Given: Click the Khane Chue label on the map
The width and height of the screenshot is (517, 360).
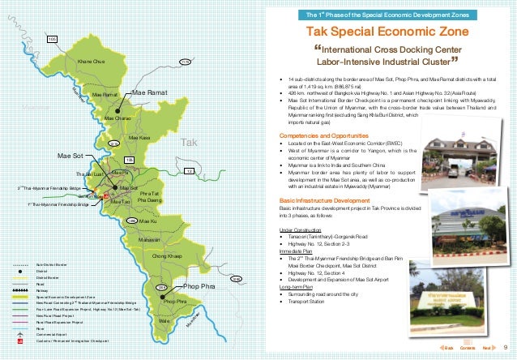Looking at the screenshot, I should [91, 62].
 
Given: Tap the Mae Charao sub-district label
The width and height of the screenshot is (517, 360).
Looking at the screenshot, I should [119, 118].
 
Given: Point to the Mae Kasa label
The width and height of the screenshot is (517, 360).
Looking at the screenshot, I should [139, 138].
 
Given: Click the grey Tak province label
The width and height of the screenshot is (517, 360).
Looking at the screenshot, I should [188, 143].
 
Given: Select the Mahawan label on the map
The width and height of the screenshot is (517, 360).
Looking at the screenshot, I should [147, 240].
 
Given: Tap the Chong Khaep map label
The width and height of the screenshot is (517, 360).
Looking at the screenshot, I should [166, 256].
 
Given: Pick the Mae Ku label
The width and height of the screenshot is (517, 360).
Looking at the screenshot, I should [147, 221].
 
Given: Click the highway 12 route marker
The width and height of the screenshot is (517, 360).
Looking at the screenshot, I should [189, 171].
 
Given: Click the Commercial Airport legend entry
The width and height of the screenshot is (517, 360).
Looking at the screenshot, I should [56, 334].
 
